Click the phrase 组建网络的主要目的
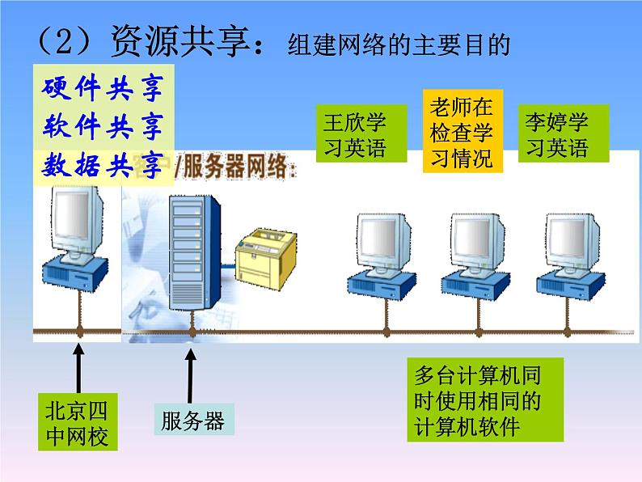click(399, 46)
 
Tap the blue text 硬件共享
click(101, 87)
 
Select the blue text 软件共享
click(101, 126)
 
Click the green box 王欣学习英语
click(355, 134)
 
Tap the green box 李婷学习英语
click(556, 134)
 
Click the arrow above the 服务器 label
click(192, 372)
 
